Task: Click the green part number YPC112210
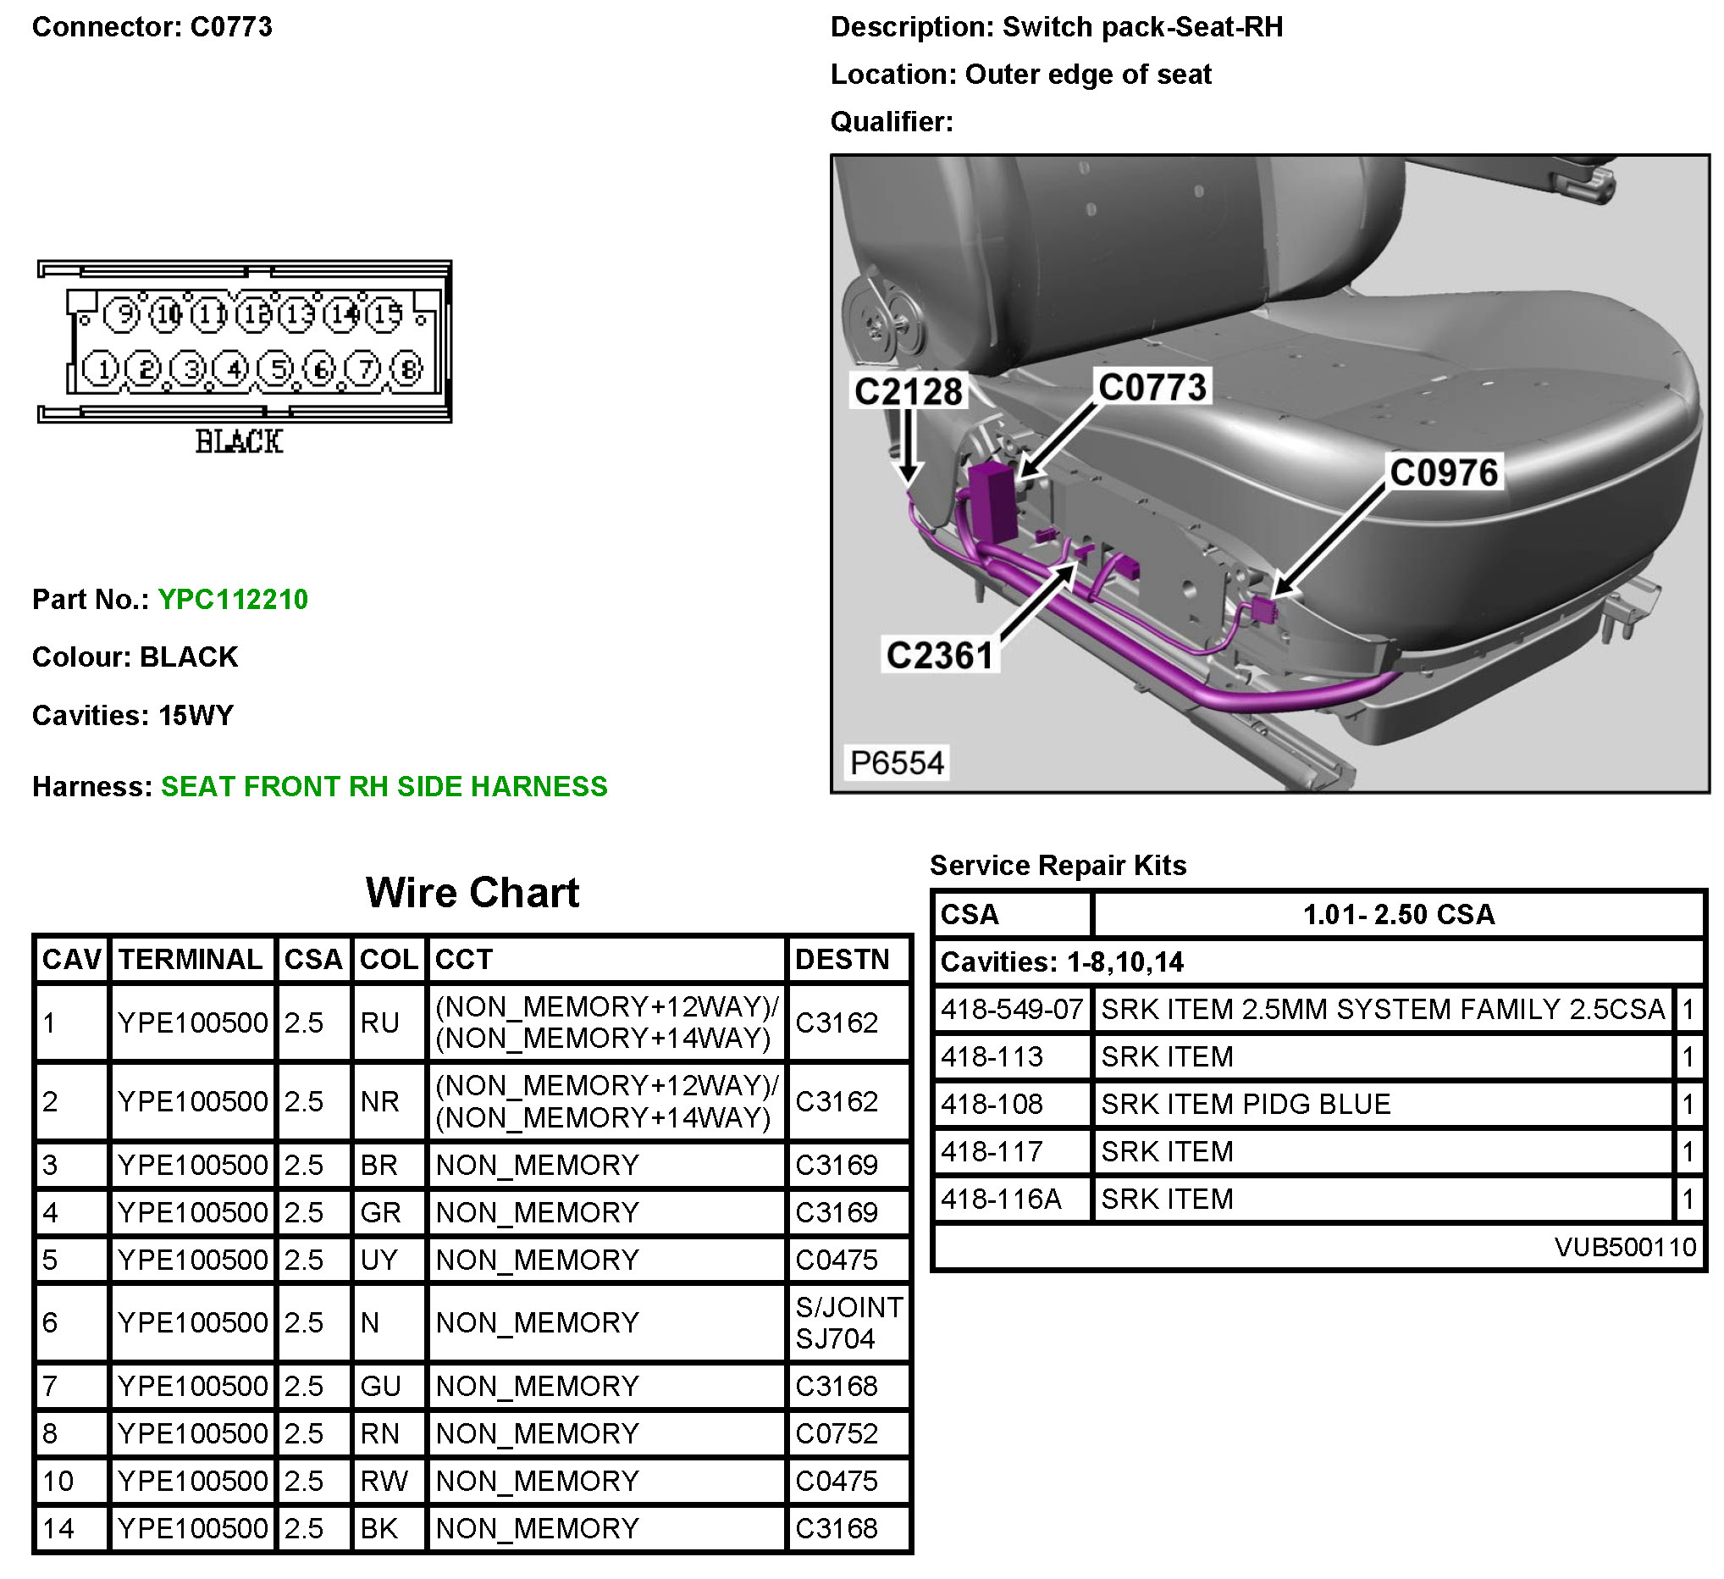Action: pos(233,599)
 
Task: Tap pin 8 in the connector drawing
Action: pos(407,368)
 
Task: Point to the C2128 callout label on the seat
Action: pos(909,391)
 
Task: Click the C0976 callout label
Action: pos(1444,472)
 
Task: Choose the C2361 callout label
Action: pos(940,655)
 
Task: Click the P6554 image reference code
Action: pos(897,762)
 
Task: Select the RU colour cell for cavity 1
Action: pos(379,1022)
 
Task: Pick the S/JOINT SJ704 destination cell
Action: pos(848,1322)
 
